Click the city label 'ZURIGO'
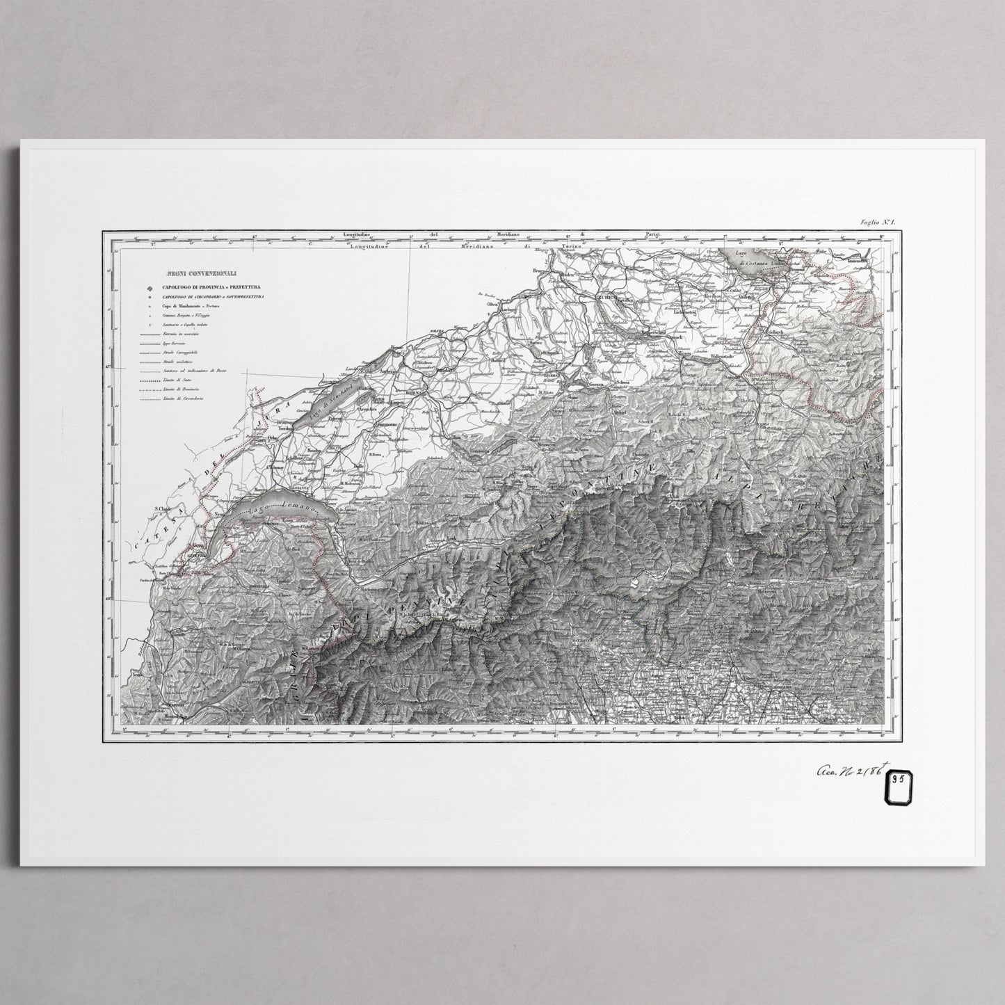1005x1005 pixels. pos(607,297)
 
